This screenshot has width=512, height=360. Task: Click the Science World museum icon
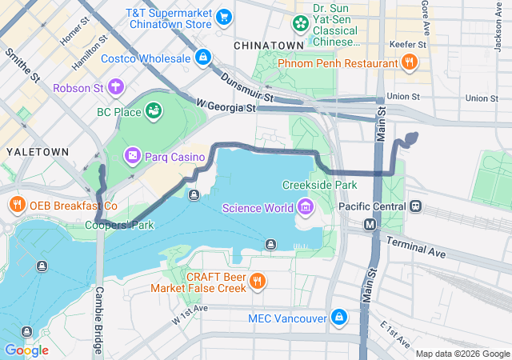pos(305,209)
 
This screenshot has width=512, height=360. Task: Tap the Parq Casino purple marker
pos(132,156)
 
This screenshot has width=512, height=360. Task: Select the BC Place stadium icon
pos(153,112)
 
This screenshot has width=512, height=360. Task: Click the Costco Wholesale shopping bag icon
pos(204,58)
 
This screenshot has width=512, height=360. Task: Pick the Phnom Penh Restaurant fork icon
pos(409,62)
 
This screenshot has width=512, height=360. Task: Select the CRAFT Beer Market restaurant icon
pos(256,282)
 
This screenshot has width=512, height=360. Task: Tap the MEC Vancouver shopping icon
pos(339,318)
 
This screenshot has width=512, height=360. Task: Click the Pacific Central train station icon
pos(415,206)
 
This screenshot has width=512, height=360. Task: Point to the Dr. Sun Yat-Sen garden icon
pos(300,23)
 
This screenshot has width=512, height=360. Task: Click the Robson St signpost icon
pos(117,86)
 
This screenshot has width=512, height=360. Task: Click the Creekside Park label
pos(319,185)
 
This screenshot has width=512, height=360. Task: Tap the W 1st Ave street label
pos(190,314)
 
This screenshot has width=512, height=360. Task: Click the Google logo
pos(26,350)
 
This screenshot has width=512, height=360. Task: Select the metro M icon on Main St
pos(370,226)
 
